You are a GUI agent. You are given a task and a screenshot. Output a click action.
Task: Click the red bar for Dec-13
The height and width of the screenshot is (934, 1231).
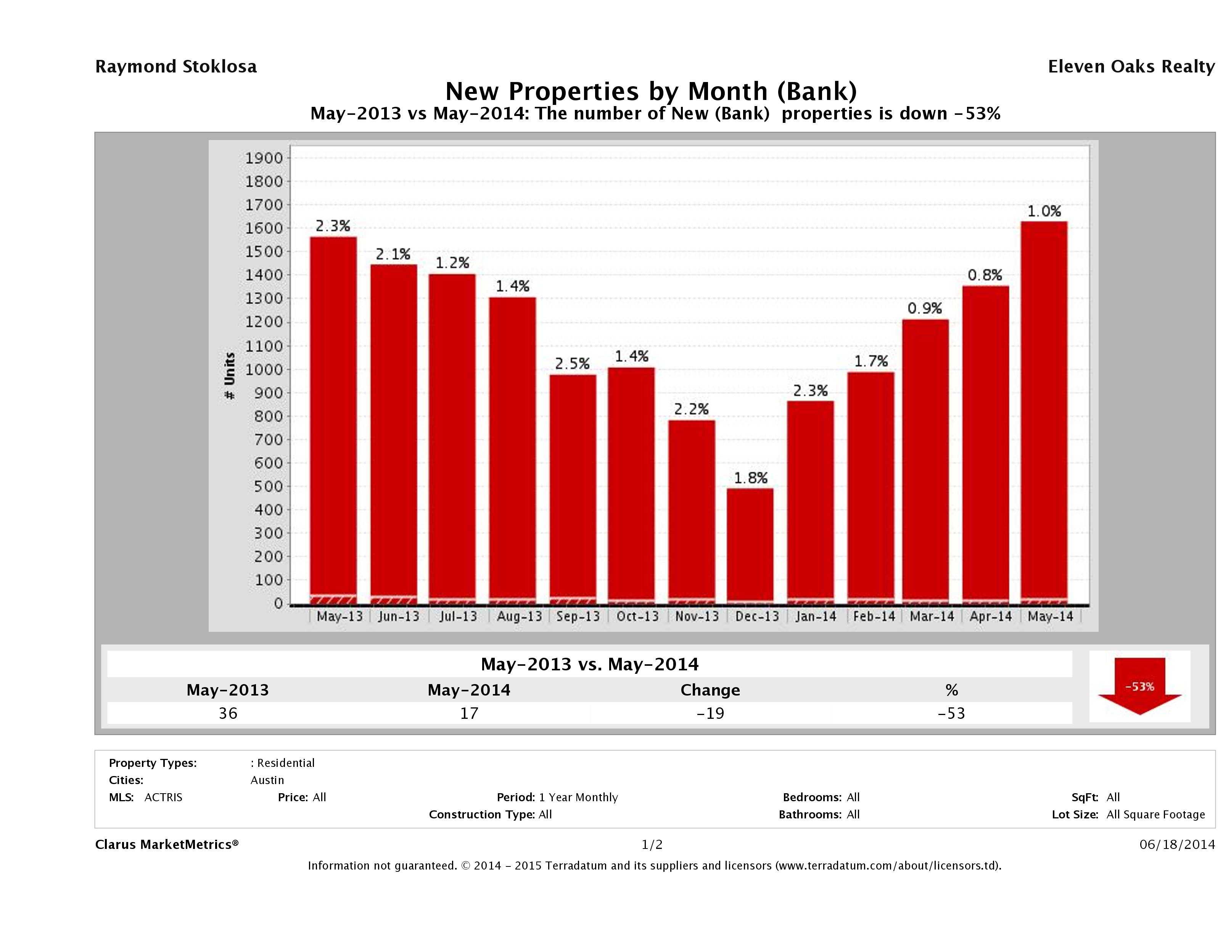pos(750,546)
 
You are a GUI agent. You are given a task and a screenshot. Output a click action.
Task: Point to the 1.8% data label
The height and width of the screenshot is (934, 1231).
pos(750,478)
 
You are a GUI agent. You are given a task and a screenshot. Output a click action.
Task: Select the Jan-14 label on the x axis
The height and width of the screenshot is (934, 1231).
pos(815,616)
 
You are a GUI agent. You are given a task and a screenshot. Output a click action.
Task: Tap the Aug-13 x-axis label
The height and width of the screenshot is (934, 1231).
pos(519,616)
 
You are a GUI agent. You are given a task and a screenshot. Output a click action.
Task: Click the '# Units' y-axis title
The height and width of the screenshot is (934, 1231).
pos(229,376)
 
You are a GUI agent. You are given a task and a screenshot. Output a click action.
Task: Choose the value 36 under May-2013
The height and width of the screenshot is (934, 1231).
pos(228,713)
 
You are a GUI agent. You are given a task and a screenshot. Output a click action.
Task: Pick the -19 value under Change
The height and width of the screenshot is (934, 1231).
pos(710,713)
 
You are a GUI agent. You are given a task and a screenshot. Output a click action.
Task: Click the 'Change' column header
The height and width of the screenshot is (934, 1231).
pos(710,690)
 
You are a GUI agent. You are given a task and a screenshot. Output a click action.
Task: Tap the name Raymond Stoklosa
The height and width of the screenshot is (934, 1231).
pos(176,66)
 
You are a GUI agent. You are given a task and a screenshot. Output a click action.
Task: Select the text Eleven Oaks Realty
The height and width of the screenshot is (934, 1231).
pos(1131,66)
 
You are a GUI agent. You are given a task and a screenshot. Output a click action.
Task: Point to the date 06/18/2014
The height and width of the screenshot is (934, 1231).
pos(1176,844)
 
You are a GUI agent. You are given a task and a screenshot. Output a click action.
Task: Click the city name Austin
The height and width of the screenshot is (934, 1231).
pos(267,780)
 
